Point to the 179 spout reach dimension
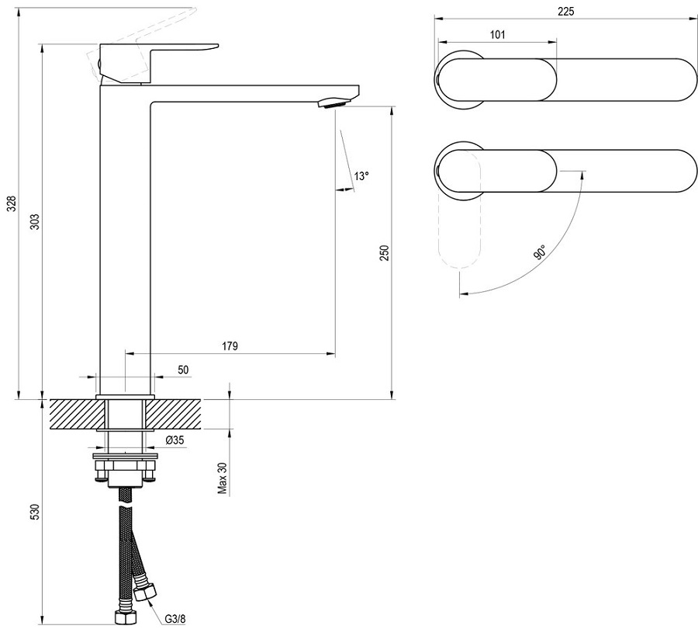(x=229, y=345)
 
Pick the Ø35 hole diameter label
(x=174, y=440)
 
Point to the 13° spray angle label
(x=361, y=176)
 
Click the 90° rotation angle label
(x=539, y=252)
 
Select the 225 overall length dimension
(x=565, y=11)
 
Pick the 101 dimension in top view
(x=497, y=34)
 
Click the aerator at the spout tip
(x=333, y=101)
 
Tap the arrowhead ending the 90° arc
(x=462, y=294)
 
